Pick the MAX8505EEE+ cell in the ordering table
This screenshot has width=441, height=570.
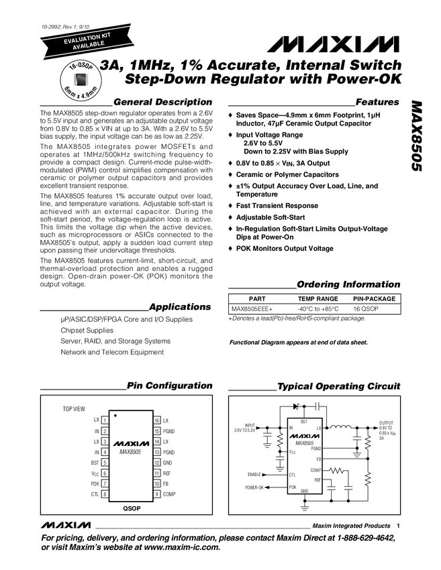coord(252,308)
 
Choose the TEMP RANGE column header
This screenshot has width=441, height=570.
coord(317,298)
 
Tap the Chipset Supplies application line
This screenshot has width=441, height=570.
coord(87,330)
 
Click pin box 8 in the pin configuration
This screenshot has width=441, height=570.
coord(105,494)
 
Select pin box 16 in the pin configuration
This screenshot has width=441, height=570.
coord(156,420)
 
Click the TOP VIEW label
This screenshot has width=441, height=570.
coord(74,408)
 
